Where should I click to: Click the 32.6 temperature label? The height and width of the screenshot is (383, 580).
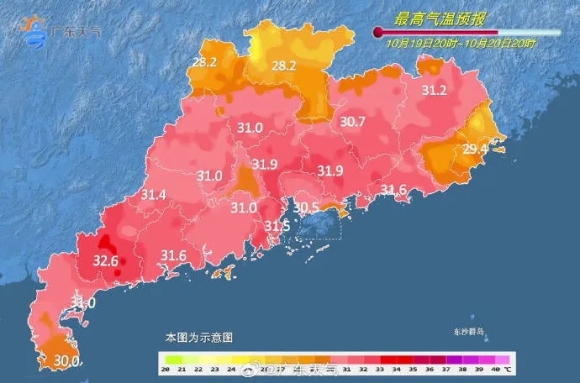tap(105, 260)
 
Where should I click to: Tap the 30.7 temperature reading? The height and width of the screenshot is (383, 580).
tap(352, 122)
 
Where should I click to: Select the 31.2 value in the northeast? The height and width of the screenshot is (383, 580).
tap(434, 91)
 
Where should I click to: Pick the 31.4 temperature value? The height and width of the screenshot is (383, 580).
tap(153, 195)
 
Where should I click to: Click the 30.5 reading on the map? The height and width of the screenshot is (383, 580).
tap(305, 207)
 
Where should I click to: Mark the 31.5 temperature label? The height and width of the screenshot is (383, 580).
tap(277, 226)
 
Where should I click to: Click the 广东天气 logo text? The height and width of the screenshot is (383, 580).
tap(76, 32)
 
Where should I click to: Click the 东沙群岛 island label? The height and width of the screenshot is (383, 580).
tap(466, 333)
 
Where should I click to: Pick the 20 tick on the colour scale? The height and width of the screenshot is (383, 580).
tap(166, 370)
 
